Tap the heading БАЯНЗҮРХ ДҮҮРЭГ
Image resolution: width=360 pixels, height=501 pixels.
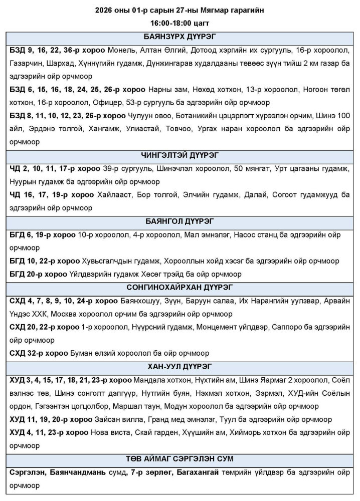coord(179,37)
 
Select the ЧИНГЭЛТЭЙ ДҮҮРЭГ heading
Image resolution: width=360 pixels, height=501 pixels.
coord(179,155)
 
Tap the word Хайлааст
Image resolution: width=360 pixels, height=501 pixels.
coord(112,194)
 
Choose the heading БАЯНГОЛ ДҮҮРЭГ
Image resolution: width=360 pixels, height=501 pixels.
coord(179,221)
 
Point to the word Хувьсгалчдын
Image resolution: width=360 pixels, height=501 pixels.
coord(109,261)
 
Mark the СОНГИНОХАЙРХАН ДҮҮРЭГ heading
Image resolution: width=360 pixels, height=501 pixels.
coord(179,287)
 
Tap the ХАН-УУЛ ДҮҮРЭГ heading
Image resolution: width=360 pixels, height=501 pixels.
coord(179,366)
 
